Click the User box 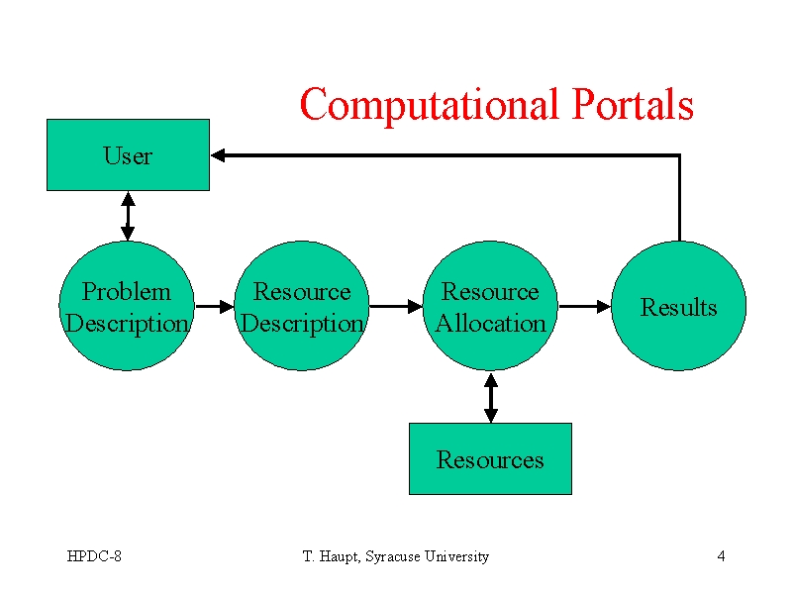coord(129,155)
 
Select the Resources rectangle coord(490,458)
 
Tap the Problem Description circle coord(127,306)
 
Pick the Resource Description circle coord(302,306)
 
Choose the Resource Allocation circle coord(490,306)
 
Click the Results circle coord(679,306)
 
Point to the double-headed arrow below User coord(128,216)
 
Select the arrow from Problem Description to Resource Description coord(215,306)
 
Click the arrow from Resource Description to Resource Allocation coord(397,306)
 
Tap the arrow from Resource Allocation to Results coord(585,306)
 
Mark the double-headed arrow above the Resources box coord(491,398)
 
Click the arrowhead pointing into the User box coord(218,155)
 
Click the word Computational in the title coord(430,105)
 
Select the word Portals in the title coord(633,104)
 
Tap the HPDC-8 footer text coord(94,556)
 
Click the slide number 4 coord(721,556)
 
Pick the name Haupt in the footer coord(340,556)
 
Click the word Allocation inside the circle coord(491,324)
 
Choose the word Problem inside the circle coord(127,291)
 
